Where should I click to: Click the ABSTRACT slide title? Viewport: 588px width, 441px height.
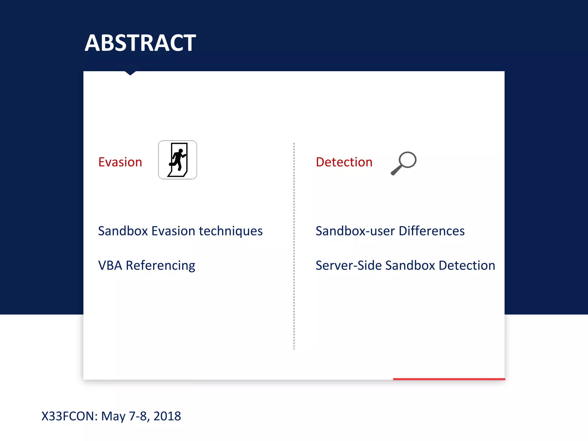pos(140,43)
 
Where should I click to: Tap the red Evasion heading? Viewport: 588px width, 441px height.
pos(120,162)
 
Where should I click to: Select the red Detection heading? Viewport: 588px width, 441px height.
pos(344,162)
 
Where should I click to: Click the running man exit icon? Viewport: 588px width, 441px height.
pos(177,160)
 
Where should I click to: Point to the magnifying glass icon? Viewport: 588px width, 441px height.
pos(403,163)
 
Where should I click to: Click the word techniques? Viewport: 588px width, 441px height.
pos(231,231)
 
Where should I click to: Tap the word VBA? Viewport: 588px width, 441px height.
pos(110,265)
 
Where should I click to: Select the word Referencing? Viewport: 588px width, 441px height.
pos(160,266)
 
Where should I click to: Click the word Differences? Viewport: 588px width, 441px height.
pos(432,231)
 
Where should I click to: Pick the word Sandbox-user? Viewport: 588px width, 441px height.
pos(355,231)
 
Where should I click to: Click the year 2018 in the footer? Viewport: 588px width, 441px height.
pos(167,416)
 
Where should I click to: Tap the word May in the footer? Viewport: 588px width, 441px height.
pos(113,416)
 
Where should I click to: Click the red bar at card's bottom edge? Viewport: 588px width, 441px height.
pos(449,379)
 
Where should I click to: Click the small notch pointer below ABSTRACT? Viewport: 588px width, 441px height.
pos(130,73)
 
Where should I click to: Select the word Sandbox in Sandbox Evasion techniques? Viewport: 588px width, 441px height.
pos(123,231)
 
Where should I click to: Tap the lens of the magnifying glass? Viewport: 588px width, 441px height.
pos(407,159)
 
